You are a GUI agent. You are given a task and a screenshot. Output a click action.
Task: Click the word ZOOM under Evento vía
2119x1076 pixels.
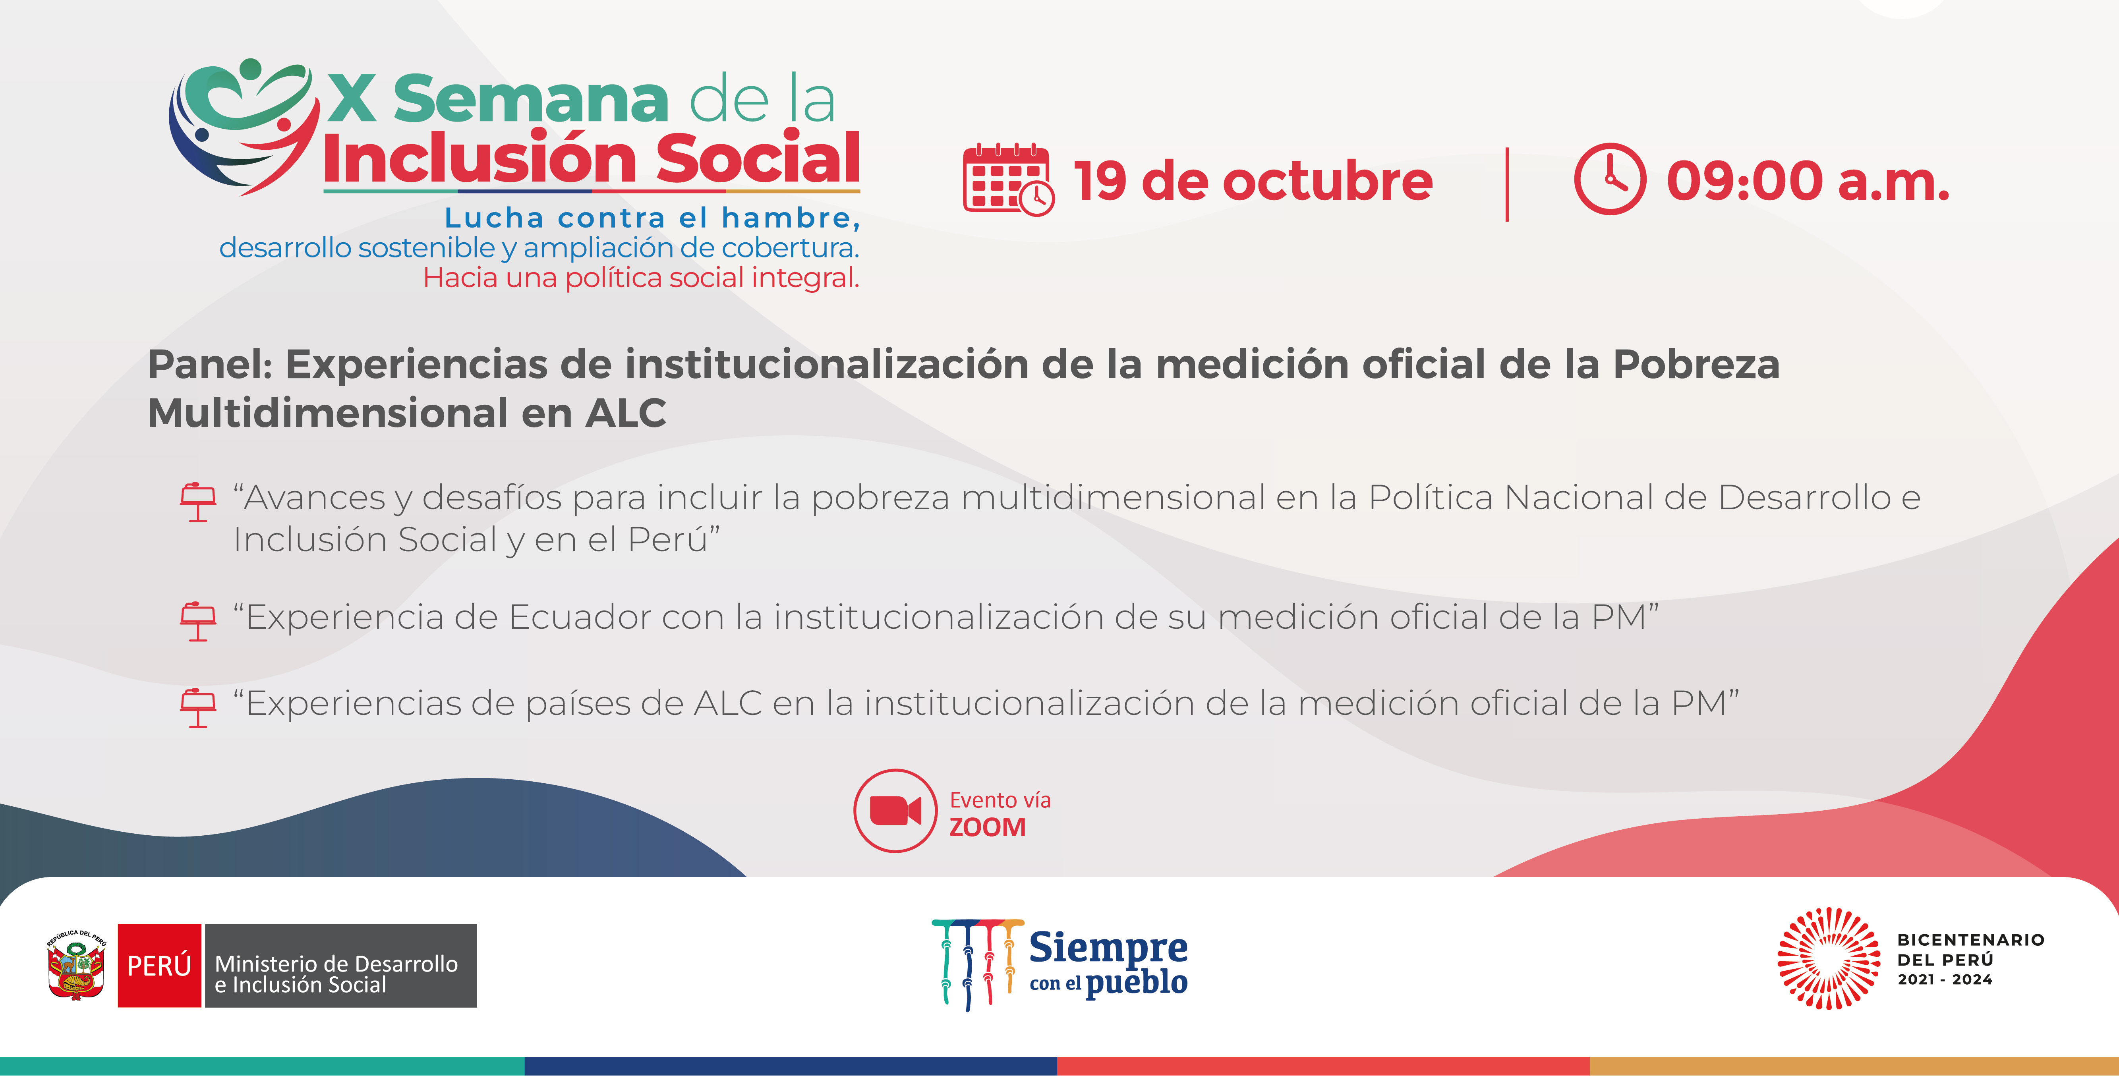(987, 827)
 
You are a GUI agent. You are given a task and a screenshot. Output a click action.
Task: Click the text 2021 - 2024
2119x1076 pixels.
(1945, 979)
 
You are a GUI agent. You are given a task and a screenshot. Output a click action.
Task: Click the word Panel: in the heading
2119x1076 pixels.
(210, 364)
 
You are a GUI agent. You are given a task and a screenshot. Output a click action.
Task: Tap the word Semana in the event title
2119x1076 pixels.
(531, 99)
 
